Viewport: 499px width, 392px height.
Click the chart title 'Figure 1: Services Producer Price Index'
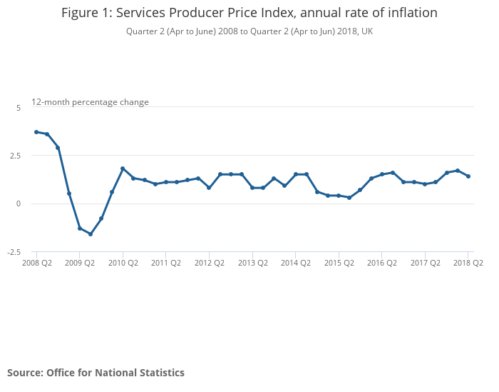tap(249, 13)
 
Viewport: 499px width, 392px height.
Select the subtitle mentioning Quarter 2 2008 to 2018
tap(249, 31)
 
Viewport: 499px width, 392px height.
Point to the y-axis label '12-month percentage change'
tap(90, 102)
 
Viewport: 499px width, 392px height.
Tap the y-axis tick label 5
tap(19, 107)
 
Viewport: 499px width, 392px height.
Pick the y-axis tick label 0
tap(19, 203)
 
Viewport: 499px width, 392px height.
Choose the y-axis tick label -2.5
tap(14, 252)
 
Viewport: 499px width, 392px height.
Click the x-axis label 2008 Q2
tap(36, 263)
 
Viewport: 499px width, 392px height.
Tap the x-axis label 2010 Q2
tap(123, 263)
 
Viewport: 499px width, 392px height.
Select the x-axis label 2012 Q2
tap(209, 263)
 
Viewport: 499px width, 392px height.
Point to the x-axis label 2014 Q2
tap(295, 263)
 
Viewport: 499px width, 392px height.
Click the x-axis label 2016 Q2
tap(381, 263)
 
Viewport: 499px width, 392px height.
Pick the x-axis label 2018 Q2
tap(468, 263)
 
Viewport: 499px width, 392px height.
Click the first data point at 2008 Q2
tap(36, 132)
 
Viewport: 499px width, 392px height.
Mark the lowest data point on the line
tap(91, 234)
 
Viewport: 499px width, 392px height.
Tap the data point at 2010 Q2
tap(123, 169)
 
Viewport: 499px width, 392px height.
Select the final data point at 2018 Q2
tap(468, 176)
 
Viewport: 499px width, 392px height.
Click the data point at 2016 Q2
tap(382, 174)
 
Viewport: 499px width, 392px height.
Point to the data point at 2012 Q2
tap(209, 188)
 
